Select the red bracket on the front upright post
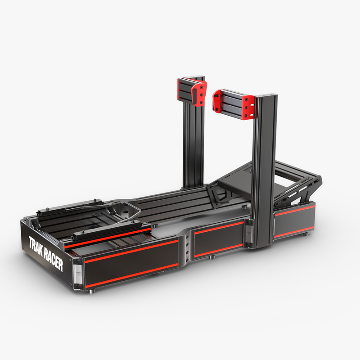[234, 104]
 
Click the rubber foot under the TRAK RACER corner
[92, 291]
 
